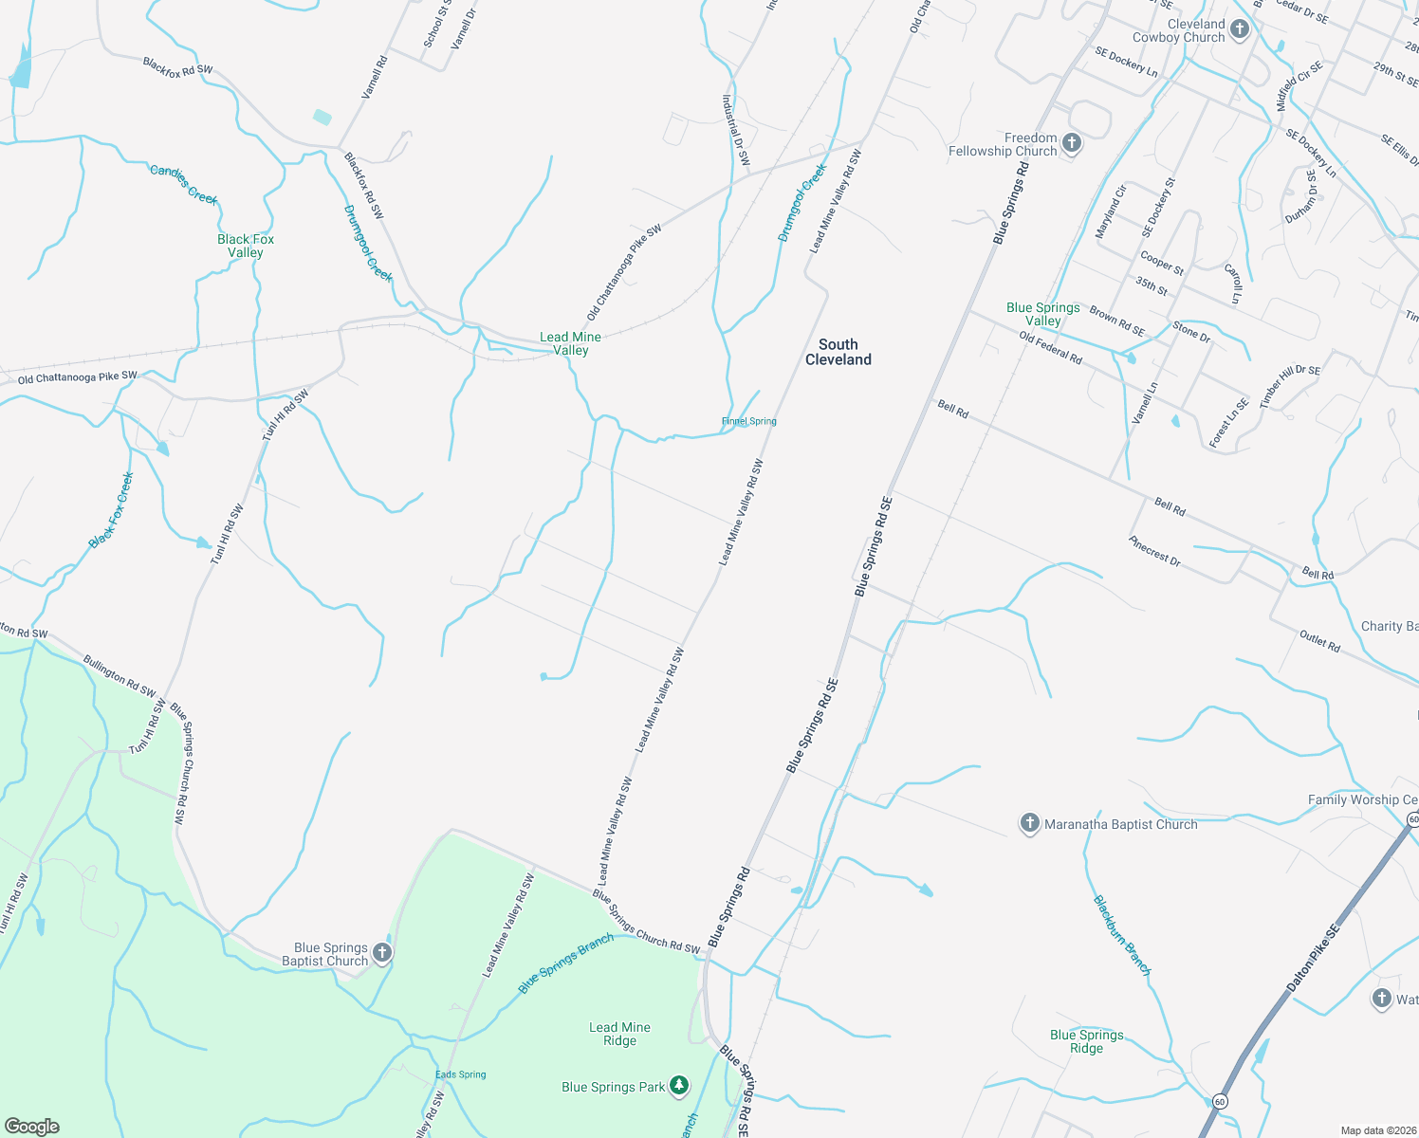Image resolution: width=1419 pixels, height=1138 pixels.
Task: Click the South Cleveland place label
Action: pos(838,352)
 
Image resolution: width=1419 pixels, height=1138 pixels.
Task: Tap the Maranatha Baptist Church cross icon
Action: pos(1029,823)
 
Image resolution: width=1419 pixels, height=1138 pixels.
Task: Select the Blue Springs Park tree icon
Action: pos(679,1086)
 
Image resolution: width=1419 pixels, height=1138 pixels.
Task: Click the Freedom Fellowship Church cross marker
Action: pos(1072,143)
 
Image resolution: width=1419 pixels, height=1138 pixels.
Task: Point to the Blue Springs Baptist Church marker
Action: pos(382,952)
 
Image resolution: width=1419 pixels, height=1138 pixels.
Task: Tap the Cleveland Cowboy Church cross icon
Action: pos(1240,29)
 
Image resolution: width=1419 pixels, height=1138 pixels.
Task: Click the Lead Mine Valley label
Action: pos(570,343)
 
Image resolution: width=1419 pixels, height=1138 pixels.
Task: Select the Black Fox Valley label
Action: pos(246,246)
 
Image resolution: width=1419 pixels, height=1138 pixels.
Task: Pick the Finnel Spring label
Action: pos(748,421)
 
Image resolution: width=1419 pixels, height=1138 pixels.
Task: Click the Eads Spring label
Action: pos(460,1074)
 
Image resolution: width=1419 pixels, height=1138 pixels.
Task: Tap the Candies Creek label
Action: pos(184,184)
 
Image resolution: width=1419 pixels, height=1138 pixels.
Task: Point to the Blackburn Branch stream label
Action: pos(1122,935)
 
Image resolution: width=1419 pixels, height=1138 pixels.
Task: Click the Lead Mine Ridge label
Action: pos(619,1034)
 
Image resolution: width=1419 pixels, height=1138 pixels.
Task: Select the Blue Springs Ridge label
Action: pos(1087,1041)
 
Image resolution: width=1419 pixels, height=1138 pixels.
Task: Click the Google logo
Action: pos(32,1126)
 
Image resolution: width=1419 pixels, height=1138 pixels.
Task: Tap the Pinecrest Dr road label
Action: pos(1154,551)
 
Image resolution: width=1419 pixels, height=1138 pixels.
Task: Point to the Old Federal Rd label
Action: pos(1051,348)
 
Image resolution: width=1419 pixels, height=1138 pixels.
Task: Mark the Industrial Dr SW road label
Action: pos(736,130)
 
